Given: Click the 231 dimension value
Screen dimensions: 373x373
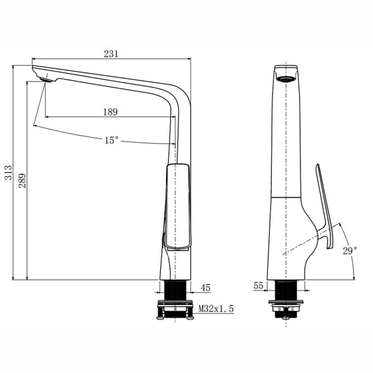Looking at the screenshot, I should [x=111, y=54].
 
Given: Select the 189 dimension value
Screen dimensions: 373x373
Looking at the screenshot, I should [x=110, y=112].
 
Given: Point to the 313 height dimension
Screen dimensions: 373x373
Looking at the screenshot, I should [x=8, y=172].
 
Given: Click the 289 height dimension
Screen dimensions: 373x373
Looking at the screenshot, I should [x=22, y=180].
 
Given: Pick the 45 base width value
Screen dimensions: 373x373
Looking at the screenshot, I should [x=205, y=288].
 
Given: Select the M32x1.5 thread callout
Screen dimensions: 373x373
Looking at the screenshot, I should [x=216, y=308].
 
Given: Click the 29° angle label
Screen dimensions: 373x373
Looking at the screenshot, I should [x=350, y=250].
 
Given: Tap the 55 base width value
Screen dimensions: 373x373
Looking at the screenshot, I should [x=258, y=285].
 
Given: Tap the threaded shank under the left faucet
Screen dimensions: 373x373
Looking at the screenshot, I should [x=175, y=290].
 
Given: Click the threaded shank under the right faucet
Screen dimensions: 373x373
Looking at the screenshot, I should [x=286, y=290].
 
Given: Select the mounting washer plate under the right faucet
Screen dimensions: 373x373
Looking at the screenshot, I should [x=286, y=302].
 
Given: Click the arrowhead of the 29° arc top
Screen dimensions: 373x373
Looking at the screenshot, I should [x=340, y=224].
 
